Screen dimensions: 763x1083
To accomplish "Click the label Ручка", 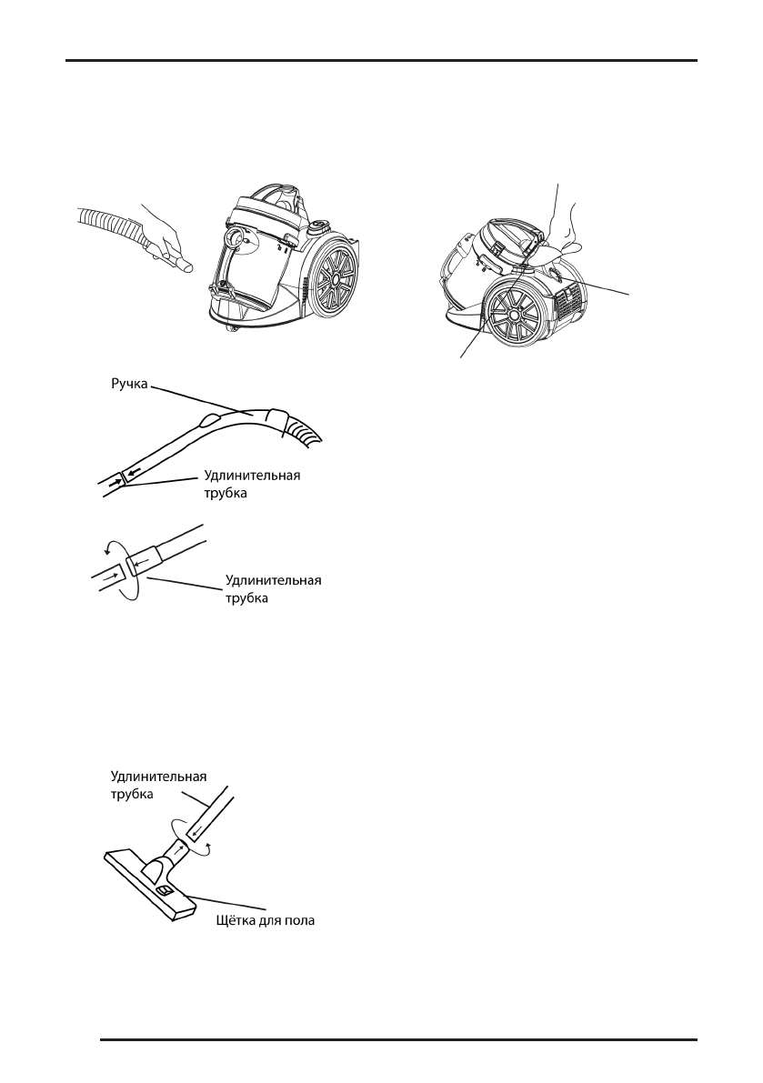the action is tap(129, 386).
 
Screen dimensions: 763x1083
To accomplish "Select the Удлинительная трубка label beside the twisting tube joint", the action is tap(274, 589).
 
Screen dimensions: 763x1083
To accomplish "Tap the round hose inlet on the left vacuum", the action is tap(235, 239).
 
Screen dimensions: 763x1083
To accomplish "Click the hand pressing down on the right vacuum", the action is tap(559, 227).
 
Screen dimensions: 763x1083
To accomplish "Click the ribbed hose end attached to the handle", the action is tap(304, 431).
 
